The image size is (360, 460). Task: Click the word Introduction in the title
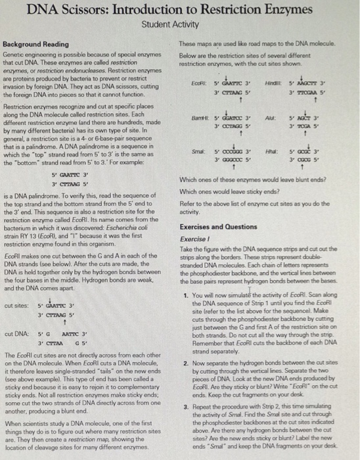pos(168,11)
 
